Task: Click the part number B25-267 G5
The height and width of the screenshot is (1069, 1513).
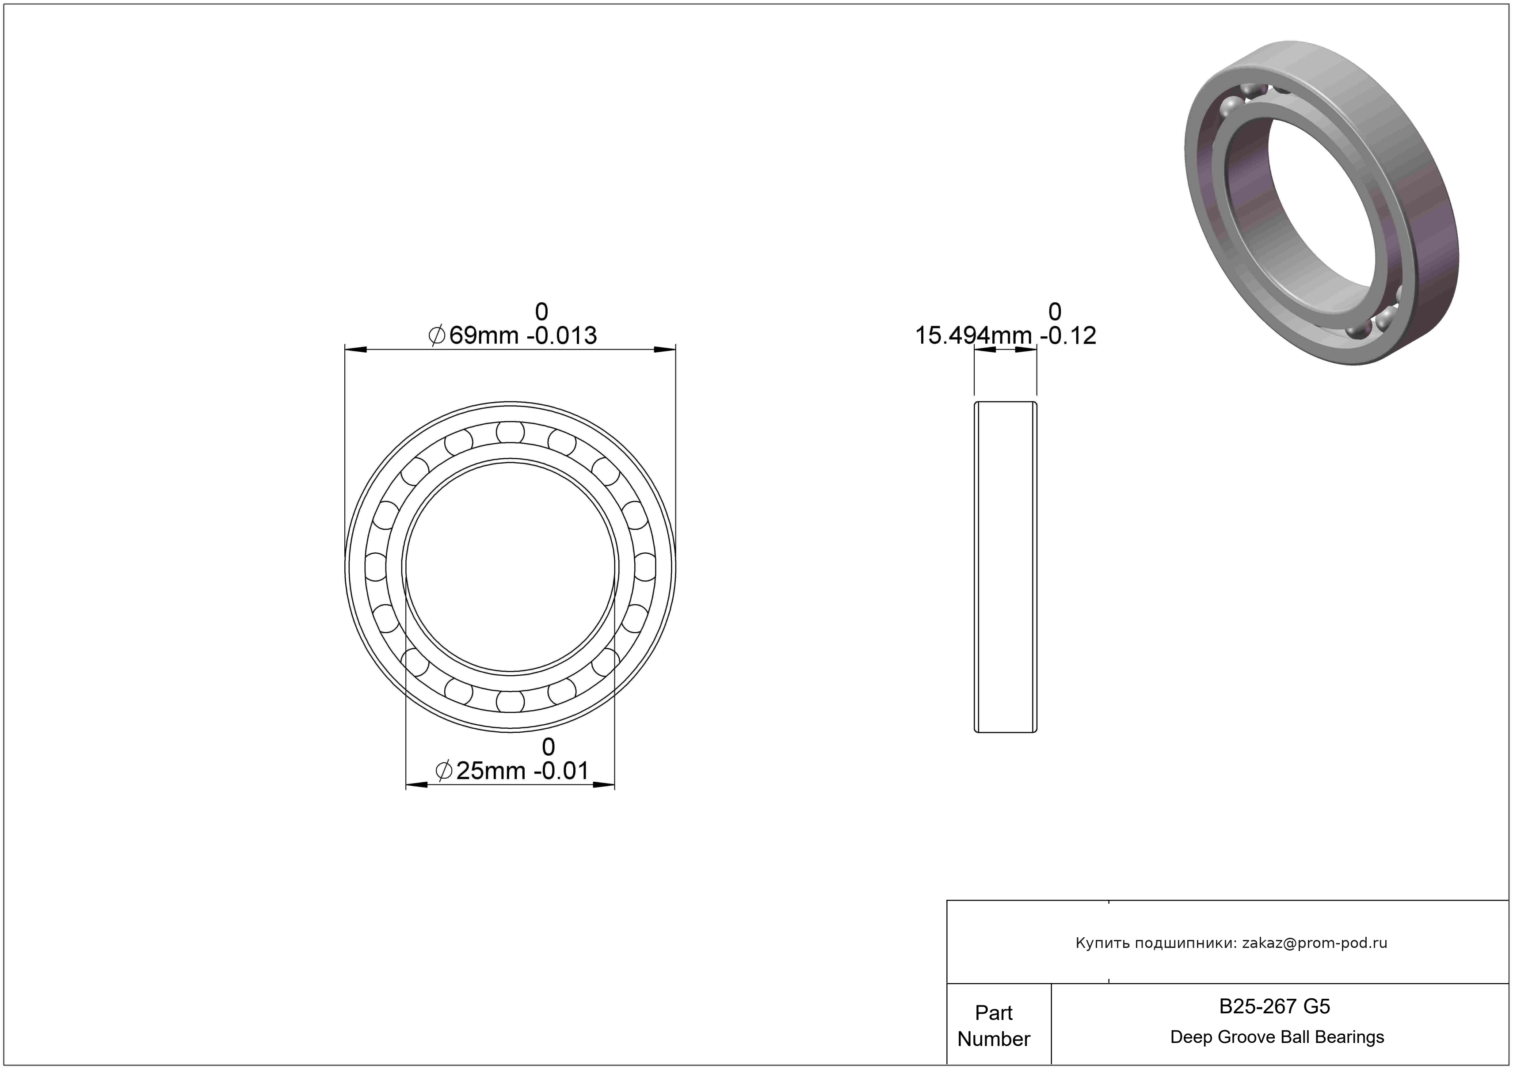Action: (1274, 1006)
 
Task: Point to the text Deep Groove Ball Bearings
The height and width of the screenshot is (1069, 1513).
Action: (1277, 1037)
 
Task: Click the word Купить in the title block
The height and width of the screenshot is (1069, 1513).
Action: (1100, 943)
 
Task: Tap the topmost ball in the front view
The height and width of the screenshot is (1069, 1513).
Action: (511, 433)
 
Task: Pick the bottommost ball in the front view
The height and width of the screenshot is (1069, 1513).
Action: (511, 701)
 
